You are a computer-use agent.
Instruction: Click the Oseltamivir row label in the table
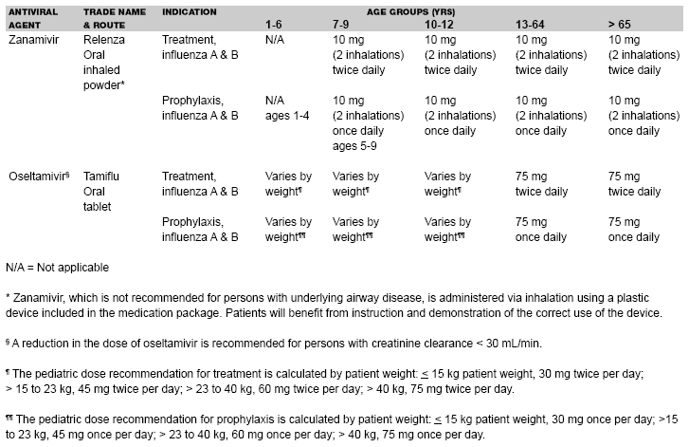(x=37, y=177)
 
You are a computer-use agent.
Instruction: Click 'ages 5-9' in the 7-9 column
(x=354, y=145)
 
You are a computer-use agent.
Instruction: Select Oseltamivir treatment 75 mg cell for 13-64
(x=541, y=183)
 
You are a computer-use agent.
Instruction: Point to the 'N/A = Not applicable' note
(x=57, y=268)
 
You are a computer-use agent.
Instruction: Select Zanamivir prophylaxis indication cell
(x=200, y=107)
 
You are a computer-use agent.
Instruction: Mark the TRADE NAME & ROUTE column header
(x=110, y=16)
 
